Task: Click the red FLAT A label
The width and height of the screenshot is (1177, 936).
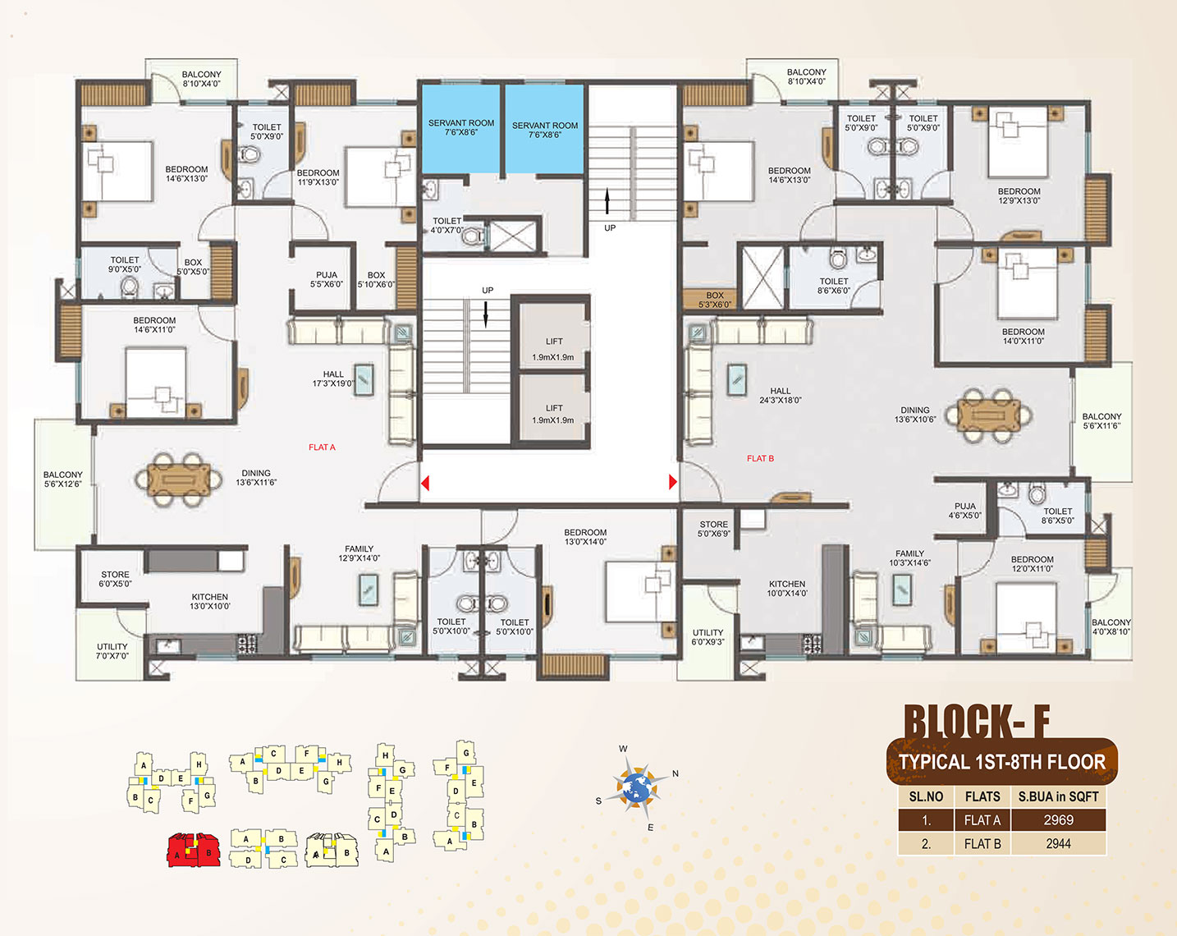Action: (322, 447)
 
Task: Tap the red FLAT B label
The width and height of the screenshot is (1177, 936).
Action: (760, 458)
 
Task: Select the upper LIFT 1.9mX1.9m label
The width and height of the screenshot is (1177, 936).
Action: (553, 349)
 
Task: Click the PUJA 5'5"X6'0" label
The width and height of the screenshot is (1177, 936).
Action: (327, 279)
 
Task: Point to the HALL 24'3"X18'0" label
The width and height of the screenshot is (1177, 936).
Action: (780, 396)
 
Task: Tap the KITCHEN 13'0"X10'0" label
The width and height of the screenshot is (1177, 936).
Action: (210, 601)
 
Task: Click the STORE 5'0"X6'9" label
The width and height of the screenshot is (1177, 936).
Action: (714, 529)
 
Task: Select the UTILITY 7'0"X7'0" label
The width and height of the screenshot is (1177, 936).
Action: (112, 651)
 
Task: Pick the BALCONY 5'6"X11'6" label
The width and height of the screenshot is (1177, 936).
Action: (1101, 420)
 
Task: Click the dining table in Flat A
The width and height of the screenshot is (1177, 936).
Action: (179, 479)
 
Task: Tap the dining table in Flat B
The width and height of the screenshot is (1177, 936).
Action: (988, 415)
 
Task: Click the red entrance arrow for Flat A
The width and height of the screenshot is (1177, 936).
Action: (425, 483)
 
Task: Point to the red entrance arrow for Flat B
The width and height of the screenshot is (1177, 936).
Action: (673, 482)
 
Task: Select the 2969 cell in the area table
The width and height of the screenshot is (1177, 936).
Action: (1058, 820)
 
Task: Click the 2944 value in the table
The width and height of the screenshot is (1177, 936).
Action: (1058, 843)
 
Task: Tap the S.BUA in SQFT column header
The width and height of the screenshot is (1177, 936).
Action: (1058, 796)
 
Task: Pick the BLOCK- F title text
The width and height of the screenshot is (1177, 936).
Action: (977, 722)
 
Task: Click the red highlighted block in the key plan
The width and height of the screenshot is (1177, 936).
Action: (193, 850)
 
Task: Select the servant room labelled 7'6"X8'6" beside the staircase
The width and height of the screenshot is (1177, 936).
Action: (544, 129)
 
